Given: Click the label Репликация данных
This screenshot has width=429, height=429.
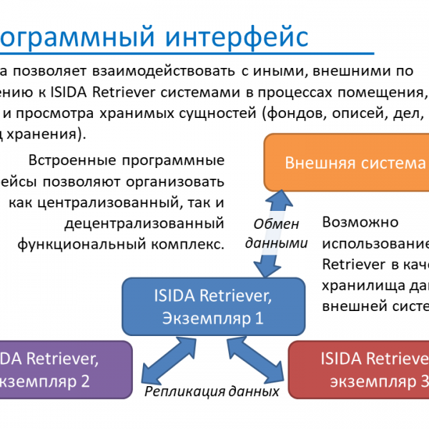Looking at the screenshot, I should coord(212,391).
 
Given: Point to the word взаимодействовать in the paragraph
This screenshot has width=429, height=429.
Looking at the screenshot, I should coord(157,71).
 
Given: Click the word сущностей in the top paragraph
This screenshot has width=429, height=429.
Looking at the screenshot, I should coord(222,112).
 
